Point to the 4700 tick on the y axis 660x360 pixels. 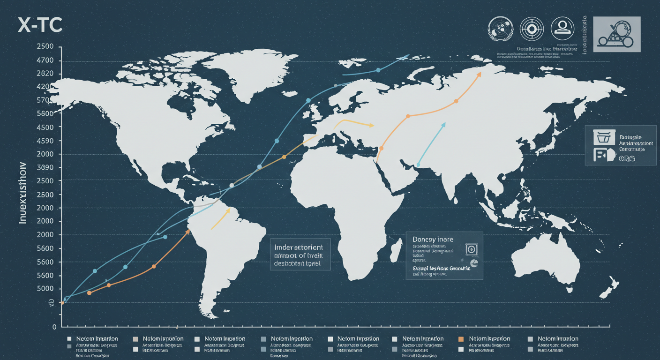pyautogui.click(x=45, y=60)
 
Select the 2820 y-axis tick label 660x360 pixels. pyautogui.click(x=45, y=74)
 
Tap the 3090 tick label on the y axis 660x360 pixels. pyautogui.click(x=45, y=168)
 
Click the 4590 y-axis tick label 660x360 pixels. pyautogui.click(x=45, y=141)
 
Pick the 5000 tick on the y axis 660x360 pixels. pyautogui.click(x=45, y=289)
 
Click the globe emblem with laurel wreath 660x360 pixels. pyautogui.click(x=502, y=30)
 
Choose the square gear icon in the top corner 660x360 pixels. pyautogui.click(x=616, y=34)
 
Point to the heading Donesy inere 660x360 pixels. pyautogui.click(x=433, y=239)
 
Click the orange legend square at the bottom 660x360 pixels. pyautogui.click(x=461, y=338)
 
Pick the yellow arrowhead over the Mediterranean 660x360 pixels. pyautogui.click(x=372, y=125)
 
